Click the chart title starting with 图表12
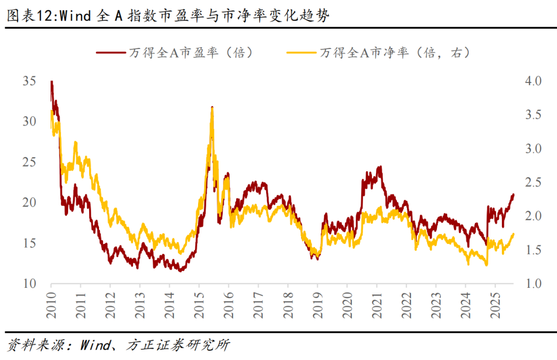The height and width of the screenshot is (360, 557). (168, 15)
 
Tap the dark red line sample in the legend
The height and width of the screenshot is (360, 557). (110, 53)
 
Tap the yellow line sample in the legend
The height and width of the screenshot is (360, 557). (301, 53)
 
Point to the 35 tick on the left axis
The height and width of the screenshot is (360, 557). (29, 81)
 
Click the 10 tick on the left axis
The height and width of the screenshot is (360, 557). (29, 284)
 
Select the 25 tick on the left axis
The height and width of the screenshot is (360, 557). (29, 162)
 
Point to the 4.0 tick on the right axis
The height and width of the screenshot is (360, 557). (533, 81)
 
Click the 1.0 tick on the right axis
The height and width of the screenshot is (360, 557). (533, 284)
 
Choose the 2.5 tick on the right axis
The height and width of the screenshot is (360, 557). (533, 183)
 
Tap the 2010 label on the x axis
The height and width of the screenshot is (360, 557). (51, 305)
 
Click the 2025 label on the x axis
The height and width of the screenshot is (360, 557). (495, 305)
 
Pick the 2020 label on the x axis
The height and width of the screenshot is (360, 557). (347, 305)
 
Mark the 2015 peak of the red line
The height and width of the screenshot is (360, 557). (212, 107)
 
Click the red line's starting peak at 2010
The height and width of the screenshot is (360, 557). (52, 81)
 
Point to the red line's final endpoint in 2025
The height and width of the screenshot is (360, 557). (514, 194)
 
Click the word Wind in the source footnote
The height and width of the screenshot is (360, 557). (94, 345)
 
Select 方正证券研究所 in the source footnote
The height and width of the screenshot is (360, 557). (177, 345)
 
